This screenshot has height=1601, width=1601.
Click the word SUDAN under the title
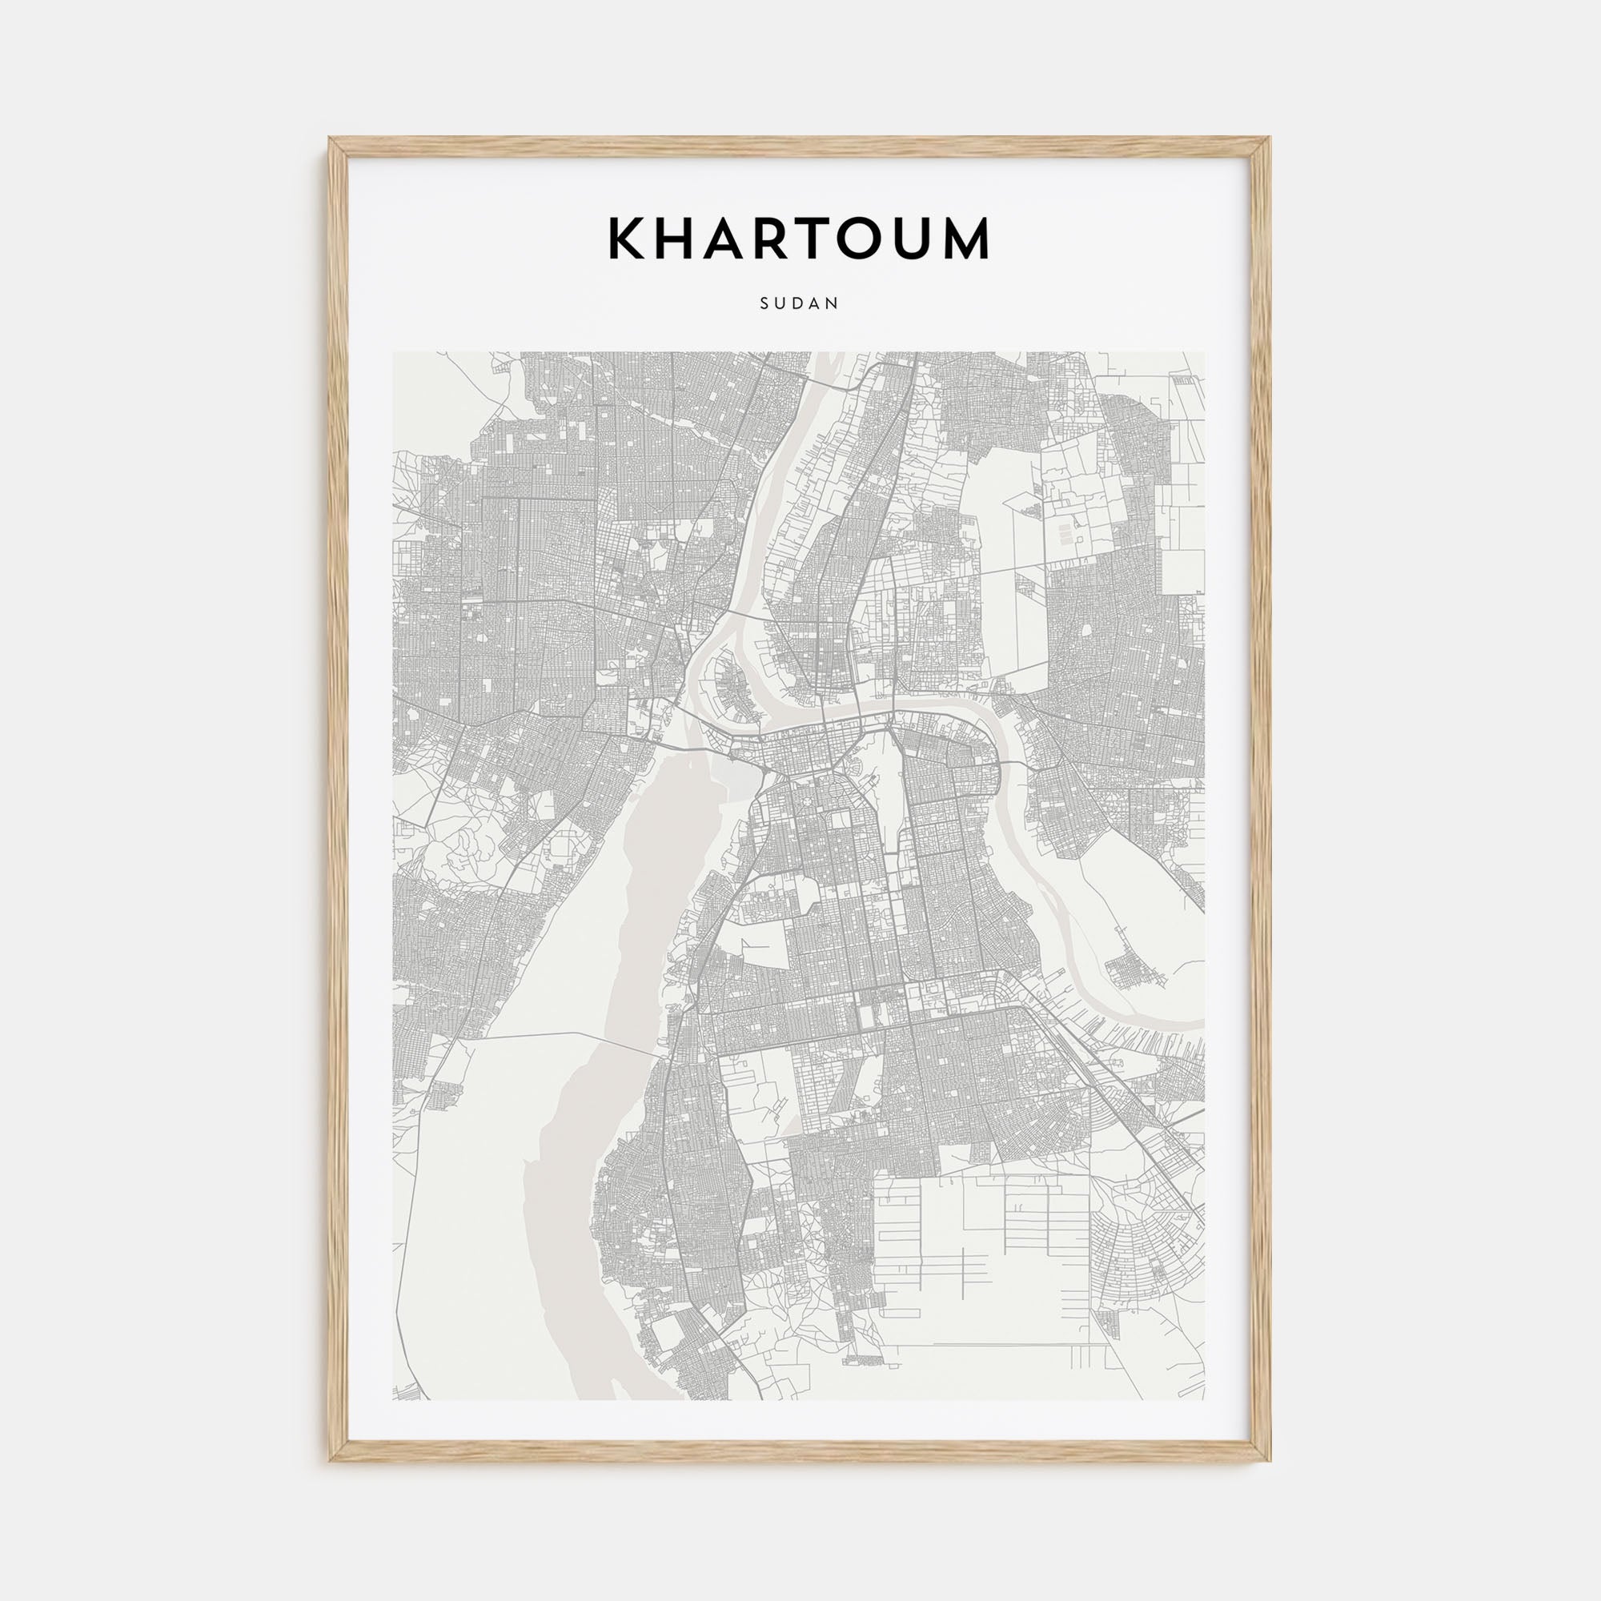tap(800, 304)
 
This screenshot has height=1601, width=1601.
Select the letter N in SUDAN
tap(834, 304)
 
